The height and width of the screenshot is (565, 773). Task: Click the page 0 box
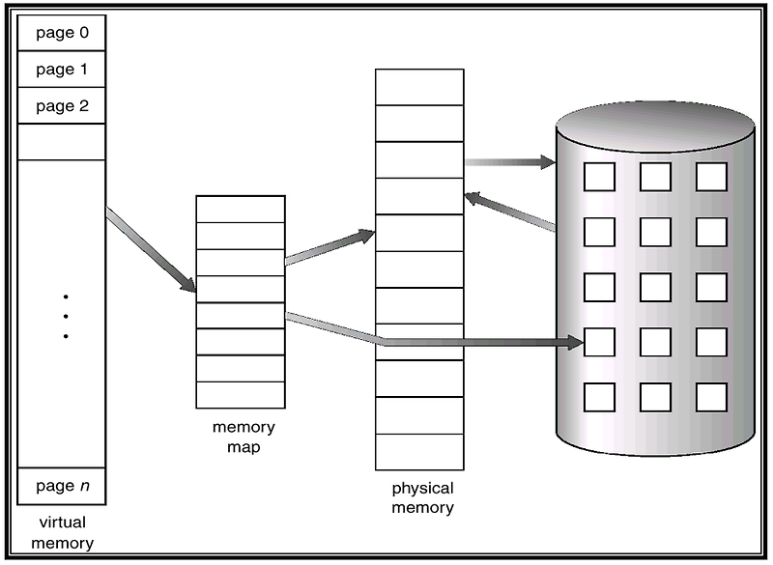62,33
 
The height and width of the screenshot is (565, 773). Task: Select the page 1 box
62,70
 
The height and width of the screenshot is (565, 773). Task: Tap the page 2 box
62,105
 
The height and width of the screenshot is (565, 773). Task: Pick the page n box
62,486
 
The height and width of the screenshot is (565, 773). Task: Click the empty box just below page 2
62,142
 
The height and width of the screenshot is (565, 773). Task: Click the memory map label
243,436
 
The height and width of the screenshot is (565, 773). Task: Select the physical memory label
422,497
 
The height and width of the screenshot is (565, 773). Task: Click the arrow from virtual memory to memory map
150,249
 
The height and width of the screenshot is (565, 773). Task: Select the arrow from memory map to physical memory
329,247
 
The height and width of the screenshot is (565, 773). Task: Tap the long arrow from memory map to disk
435,340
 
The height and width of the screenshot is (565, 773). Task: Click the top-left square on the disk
599,176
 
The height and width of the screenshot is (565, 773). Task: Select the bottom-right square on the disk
711,397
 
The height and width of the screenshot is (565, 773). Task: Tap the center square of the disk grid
655,287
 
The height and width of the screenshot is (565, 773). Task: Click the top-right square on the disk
711,176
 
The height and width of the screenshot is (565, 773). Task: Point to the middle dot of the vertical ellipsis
66,316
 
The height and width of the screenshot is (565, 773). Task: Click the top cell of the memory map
241,210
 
